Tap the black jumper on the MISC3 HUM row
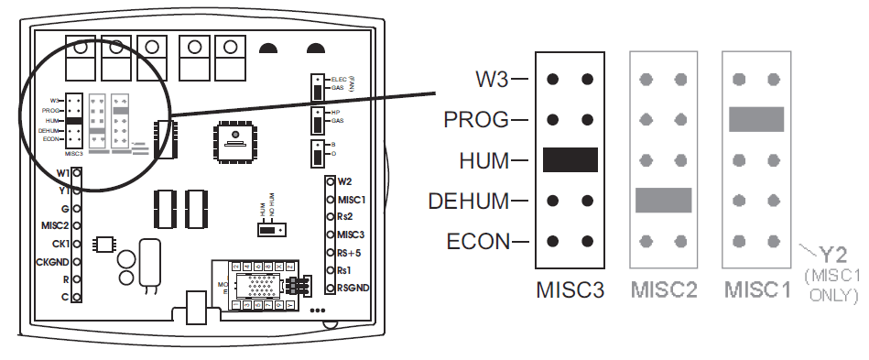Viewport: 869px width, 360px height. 570,159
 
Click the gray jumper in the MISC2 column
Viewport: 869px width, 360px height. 662,200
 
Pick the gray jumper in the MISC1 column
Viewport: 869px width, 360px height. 756,119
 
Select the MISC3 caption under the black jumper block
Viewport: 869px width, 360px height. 570,290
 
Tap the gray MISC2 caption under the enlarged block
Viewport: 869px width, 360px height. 663,290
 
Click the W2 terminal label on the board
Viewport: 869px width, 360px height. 345,181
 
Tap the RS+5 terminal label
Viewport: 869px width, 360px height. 349,252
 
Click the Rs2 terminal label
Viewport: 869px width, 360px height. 345,216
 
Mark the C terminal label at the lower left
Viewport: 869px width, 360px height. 63,298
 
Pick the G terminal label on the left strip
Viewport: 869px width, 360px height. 64,208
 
